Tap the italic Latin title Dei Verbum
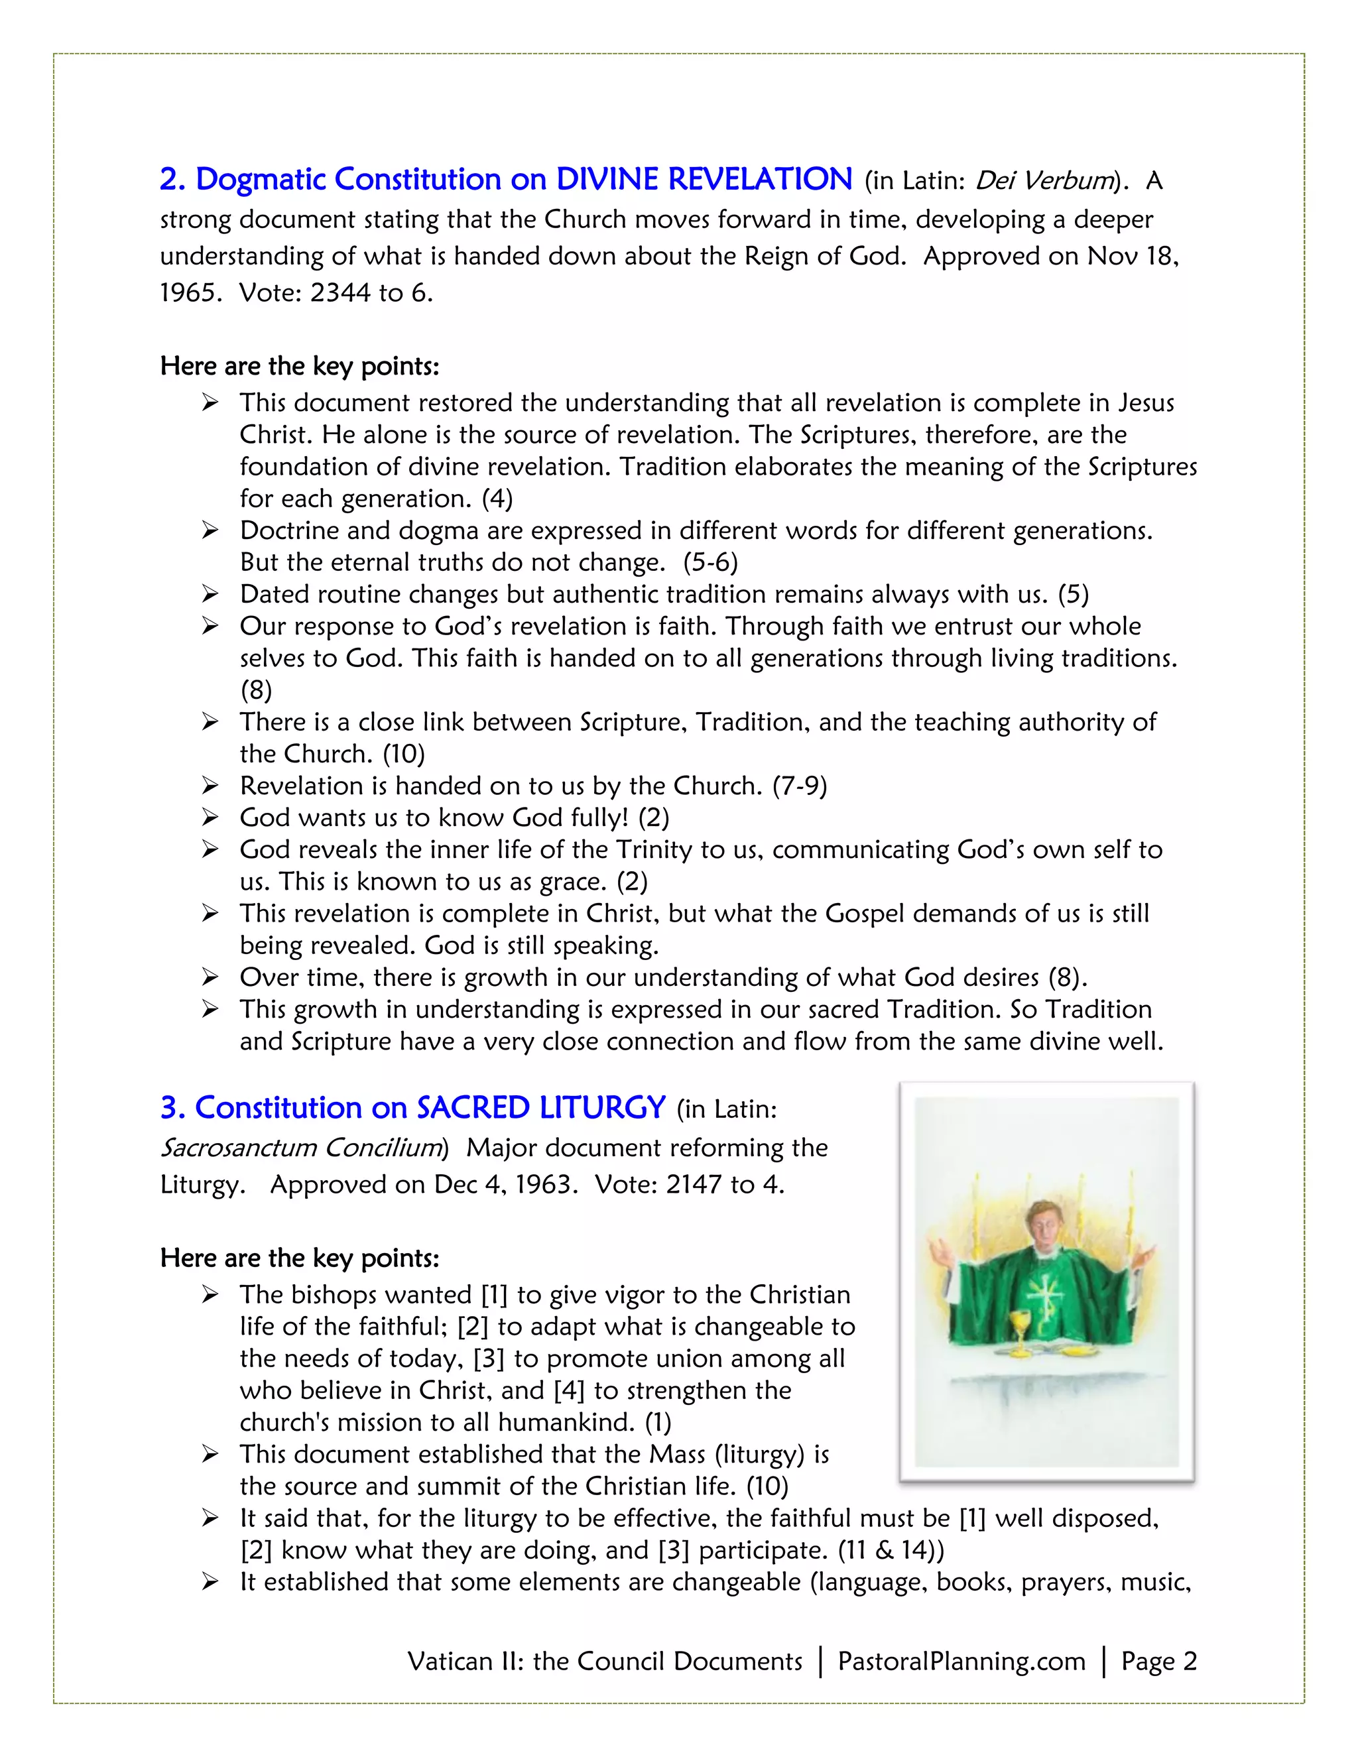(x=1044, y=180)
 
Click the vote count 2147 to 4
(x=723, y=1184)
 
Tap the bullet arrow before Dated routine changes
(x=210, y=595)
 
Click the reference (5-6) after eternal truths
(x=710, y=562)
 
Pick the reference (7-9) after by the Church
(x=800, y=786)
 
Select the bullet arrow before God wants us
(x=210, y=818)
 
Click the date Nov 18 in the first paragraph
(x=1131, y=256)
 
